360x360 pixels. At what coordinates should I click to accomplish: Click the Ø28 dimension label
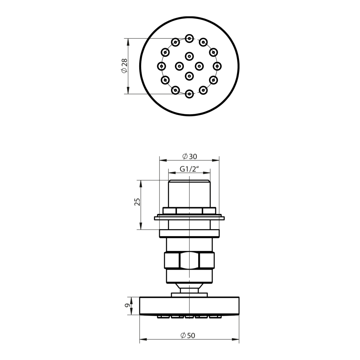click(124, 66)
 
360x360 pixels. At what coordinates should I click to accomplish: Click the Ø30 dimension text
click(189, 156)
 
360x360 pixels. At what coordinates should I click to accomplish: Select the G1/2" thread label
click(189, 169)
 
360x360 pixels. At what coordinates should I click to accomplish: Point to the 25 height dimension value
click(137, 202)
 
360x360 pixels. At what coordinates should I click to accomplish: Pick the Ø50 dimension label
click(188, 336)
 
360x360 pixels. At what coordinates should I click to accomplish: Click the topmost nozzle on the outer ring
click(189, 38)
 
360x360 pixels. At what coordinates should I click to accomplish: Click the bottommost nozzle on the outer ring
click(189, 94)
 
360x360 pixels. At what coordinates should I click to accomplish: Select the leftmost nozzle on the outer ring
click(162, 66)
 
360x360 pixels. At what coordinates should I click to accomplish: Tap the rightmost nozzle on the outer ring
click(217, 66)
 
